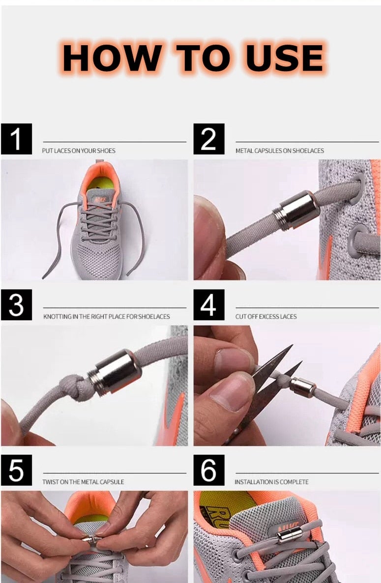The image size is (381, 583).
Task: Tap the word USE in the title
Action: (285, 58)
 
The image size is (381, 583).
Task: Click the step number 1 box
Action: (16, 139)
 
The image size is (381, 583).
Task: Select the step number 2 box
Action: (208, 139)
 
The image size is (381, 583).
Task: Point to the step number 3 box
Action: (16, 305)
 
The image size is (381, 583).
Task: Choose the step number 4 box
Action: (208, 305)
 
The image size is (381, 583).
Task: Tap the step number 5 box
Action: (16, 470)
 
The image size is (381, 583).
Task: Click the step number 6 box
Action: (208, 470)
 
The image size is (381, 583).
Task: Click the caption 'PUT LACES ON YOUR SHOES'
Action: (79, 151)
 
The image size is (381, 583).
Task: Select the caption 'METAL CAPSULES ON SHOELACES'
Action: (279, 151)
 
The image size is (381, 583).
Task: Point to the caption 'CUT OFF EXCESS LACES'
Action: (265, 317)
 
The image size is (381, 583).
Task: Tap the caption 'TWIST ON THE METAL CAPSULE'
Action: (83, 482)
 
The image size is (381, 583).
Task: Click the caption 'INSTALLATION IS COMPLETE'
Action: (271, 482)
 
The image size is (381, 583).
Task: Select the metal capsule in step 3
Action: (115, 373)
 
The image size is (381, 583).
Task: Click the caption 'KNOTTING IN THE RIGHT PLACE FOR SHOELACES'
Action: (106, 317)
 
